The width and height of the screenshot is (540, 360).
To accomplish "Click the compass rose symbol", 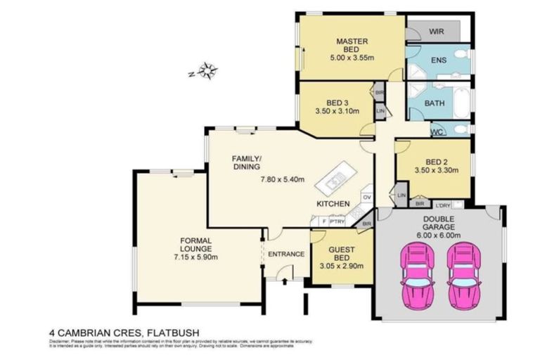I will (208, 70).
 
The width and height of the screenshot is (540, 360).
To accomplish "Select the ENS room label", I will (439, 60).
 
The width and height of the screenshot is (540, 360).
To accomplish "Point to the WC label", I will (436, 131).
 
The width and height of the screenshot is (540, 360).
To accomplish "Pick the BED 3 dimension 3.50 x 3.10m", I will (334, 111).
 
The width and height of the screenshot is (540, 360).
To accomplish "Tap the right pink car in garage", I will (463, 276).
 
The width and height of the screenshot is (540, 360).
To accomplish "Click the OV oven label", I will (366, 197).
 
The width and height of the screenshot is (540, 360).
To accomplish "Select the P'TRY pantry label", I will (336, 221).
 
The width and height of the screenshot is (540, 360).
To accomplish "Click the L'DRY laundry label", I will (443, 205).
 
